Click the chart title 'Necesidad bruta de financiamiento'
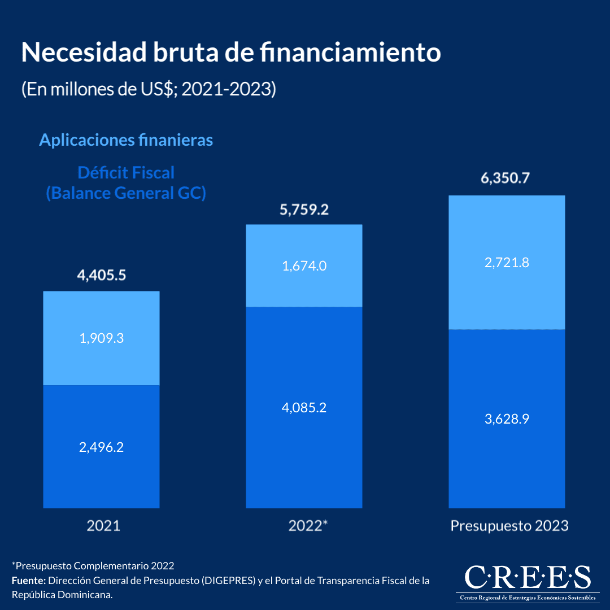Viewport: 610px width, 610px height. [x=230, y=53]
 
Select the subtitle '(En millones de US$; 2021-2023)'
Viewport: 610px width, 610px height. [x=149, y=89]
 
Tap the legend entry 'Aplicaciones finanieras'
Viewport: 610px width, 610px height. [x=126, y=140]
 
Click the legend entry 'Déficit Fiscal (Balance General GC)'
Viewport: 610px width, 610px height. [x=126, y=182]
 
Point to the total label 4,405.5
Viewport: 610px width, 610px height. [x=101, y=276]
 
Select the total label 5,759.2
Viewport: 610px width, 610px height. [x=304, y=210]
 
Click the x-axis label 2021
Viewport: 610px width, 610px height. [x=103, y=526]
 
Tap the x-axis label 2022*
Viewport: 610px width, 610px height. [x=308, y=526]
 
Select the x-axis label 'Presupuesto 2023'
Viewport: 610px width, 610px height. [x=509, y=526]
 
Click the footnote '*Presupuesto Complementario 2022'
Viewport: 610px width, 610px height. [x=93, y=565]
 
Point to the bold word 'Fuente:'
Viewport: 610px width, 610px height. [x=29, y=581]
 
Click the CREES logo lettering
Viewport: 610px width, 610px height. [x=527, y=577]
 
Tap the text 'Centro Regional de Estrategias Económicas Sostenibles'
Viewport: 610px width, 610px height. [x=527, y=598]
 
